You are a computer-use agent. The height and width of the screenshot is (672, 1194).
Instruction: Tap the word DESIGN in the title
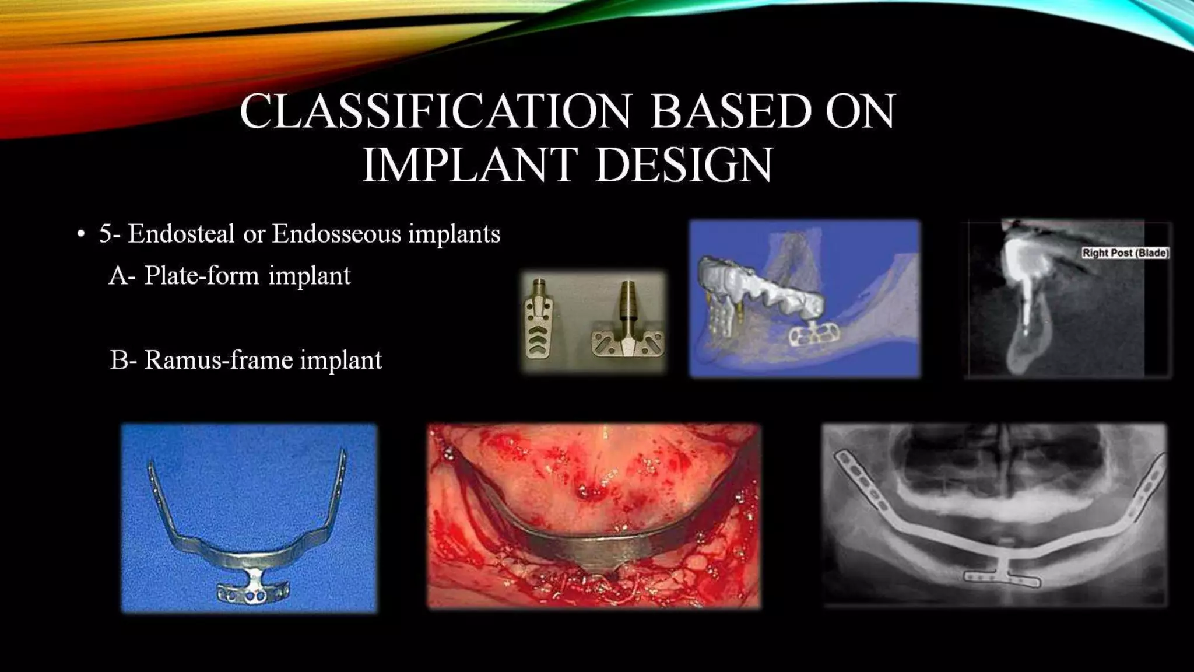click(683, 166)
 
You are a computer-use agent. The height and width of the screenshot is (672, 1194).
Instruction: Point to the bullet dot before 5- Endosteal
click(81, 235)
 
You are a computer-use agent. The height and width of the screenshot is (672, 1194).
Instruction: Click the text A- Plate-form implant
click(230, 275)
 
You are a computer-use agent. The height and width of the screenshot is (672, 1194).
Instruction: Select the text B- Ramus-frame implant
click(245, 360)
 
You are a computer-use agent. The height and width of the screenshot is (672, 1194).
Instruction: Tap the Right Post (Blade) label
click(1125, 253)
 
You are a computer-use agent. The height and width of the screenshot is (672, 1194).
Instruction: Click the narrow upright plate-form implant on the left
click(539, 320)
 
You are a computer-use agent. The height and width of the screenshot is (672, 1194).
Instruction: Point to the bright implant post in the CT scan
click(1024, 292)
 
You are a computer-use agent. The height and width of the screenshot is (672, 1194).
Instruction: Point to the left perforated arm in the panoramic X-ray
click(862, 484)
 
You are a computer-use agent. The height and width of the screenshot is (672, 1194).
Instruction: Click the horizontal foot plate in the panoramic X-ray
click(1000, 579)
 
